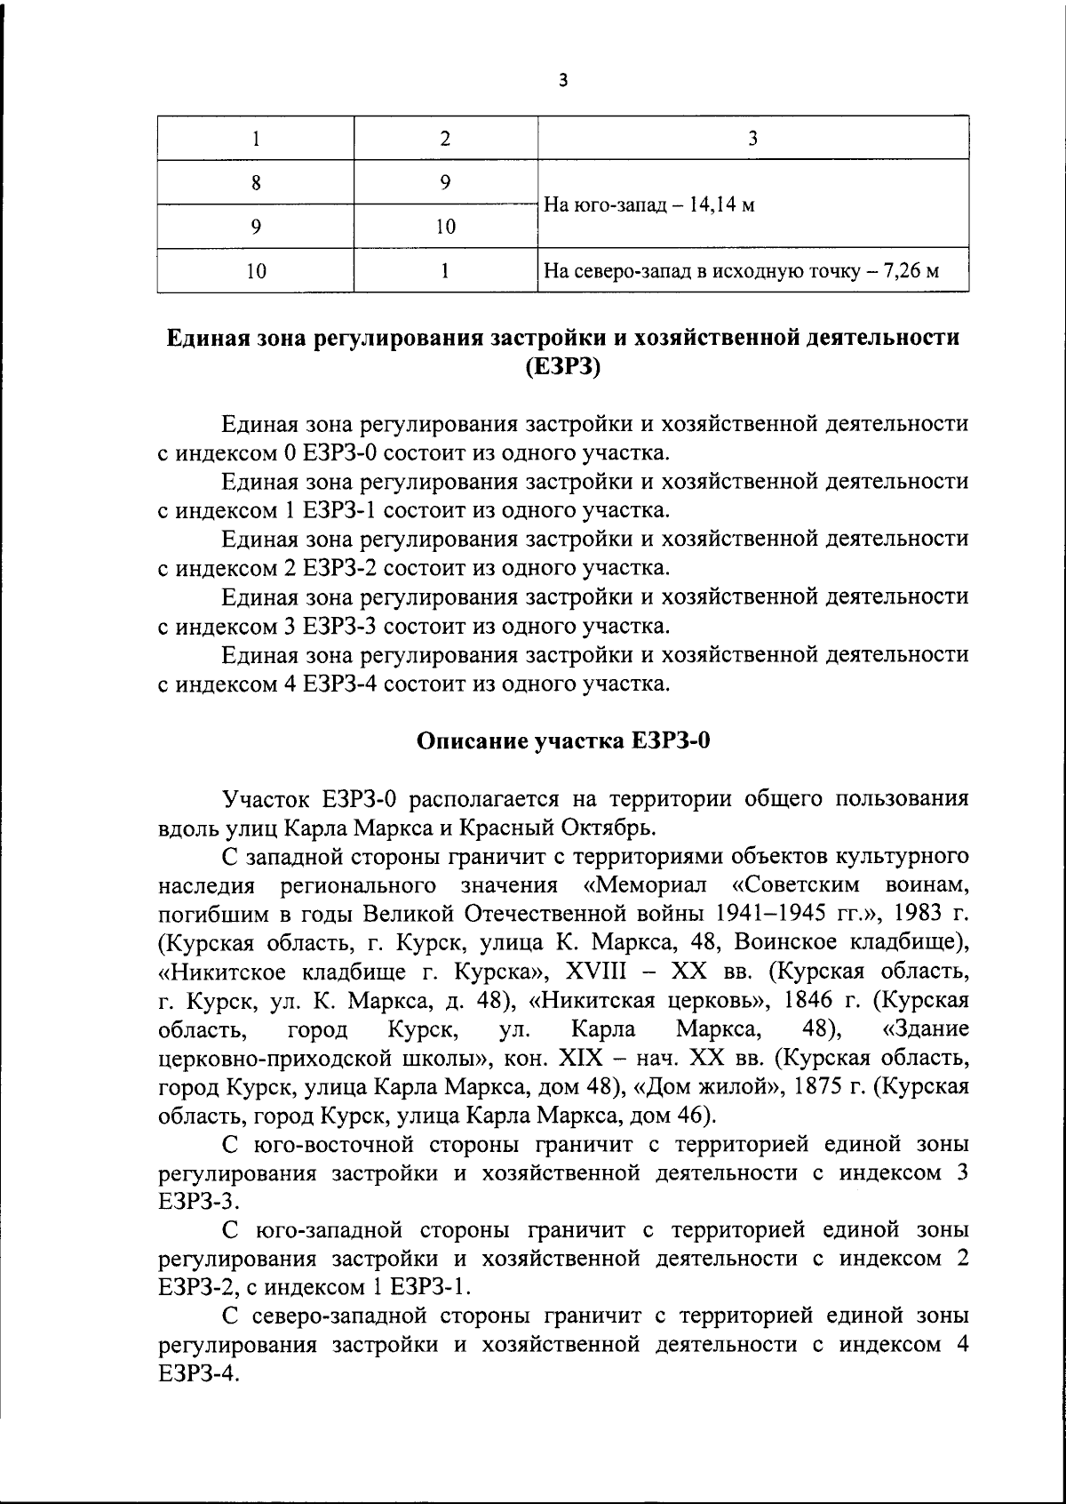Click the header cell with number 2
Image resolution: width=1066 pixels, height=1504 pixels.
coord(445,138)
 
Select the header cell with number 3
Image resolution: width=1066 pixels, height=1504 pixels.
coord(752,138)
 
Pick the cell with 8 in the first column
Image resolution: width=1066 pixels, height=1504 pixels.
coord(256,183)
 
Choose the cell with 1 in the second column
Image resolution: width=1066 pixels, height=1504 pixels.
coord(445,270)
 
